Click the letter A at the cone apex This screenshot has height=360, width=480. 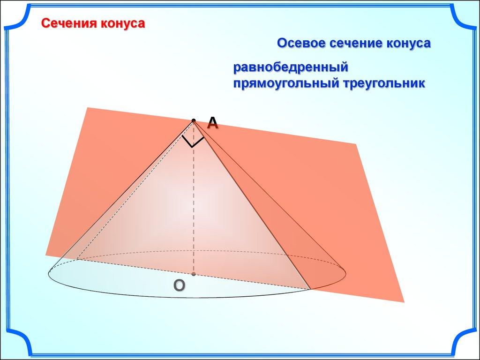(x=212, y=123)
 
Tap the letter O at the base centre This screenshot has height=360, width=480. (x=180, y=285)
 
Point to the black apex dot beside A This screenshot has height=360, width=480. (x=194, y=120)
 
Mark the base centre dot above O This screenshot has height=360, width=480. (x=194, y=274)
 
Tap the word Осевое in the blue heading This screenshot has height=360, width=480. (x=301, y=43)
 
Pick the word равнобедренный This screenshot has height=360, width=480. (x=291, y=67)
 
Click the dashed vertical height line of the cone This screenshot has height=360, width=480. (x=194, y=197)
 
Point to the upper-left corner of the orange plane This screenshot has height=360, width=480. (x=88, y=107)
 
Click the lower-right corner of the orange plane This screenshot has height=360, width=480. (x=404, y=302)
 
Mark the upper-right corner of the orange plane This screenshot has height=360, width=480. (x=356, y=144)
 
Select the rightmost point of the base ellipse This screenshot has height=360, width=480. (x=346, y=272)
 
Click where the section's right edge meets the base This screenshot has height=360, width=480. (x=310, y=289)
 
